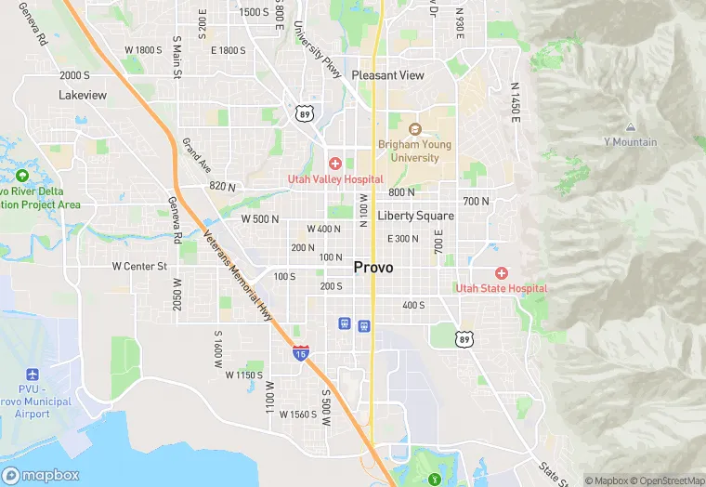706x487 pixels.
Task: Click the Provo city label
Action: (373, 268)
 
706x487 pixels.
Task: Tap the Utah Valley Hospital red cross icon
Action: (335, 164)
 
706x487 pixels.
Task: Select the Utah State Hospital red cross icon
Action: (502, 273)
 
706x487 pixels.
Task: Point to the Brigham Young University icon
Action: (414, 129)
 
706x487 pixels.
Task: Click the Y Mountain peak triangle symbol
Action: (631, 127)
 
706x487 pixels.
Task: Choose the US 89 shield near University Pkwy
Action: (303, 113)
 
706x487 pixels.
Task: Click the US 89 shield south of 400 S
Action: (464, 339)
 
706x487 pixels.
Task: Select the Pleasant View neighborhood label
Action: (387, 75)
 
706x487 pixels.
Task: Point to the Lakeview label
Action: (83, 95)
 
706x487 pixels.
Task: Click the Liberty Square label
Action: (415, 216)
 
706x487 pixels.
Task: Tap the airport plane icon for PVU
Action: (33, 374)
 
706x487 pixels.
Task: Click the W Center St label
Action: (138, 266)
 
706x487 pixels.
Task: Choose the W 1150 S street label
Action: (244, 375)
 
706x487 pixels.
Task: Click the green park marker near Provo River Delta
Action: (21, 176)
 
